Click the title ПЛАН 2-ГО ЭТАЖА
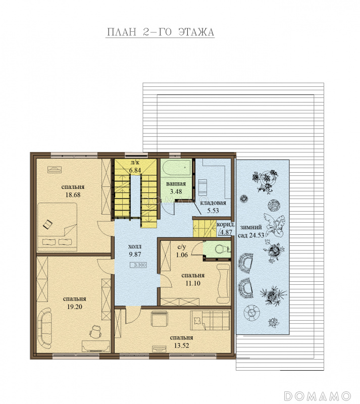coord(160,32)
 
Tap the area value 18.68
coord(73,195)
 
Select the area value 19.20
coord(74,307)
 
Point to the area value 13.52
coord(181,346)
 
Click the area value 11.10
coord(193,283)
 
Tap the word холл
coord(134,246)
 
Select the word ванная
coord(176,184)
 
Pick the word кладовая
coord(213,203)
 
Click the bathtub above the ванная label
coord(177,168)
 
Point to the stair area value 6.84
coord(135,170)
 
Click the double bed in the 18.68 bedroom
coord(58,227)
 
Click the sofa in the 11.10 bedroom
coord(223,284)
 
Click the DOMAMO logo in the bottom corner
coord(317,396)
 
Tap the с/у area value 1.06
coord(182,255)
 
